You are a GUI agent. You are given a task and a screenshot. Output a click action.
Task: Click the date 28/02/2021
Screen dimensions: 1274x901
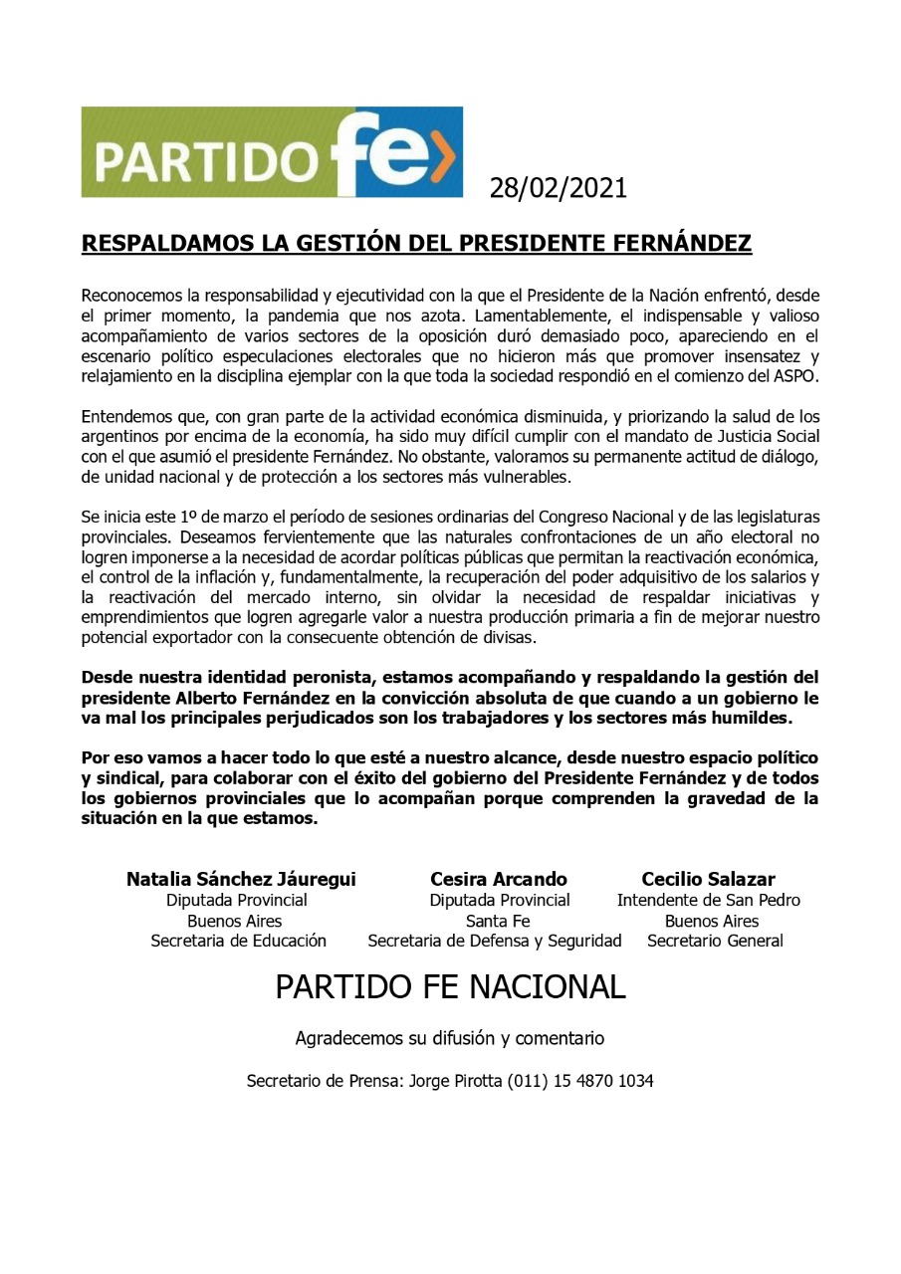558,187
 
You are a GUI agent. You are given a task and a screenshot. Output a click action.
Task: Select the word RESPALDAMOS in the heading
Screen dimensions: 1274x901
165,244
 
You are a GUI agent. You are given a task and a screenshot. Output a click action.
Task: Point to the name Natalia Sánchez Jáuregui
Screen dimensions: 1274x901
241,879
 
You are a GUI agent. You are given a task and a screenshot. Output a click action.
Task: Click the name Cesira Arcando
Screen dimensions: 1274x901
499,879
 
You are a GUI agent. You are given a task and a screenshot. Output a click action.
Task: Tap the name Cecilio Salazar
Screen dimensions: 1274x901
708,879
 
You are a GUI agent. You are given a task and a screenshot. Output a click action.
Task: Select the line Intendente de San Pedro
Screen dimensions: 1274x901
708,900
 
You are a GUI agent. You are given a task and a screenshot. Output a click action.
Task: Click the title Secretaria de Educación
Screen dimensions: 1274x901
239,941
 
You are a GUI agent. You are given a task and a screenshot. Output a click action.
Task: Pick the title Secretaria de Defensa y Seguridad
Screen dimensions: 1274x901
495,941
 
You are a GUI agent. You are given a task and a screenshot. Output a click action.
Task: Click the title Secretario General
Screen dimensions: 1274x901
715,941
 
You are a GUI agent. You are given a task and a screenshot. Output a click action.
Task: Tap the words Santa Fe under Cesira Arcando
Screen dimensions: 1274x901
498,921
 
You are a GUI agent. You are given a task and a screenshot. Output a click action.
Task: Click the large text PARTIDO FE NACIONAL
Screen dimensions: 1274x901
450,986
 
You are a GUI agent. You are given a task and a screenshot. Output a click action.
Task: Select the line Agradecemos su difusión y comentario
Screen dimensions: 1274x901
449,1038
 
